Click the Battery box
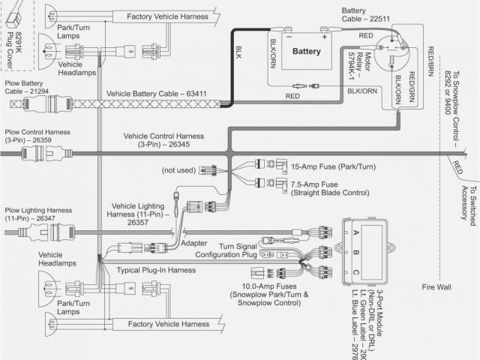point(306,52)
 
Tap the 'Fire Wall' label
point(438,286)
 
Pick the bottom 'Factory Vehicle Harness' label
point(166,324)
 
